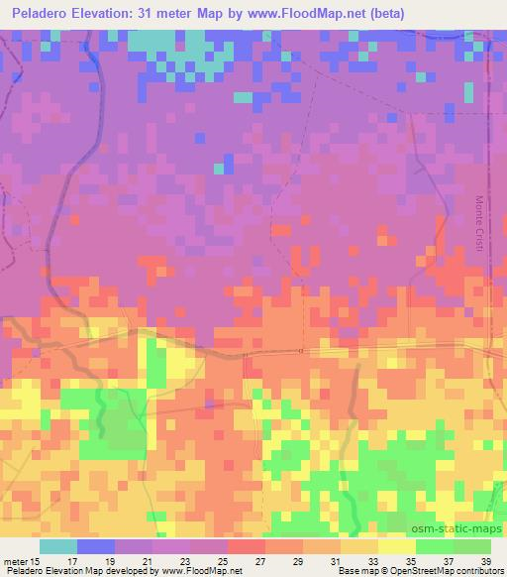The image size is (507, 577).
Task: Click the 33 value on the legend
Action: [372, 560]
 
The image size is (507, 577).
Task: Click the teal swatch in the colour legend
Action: [59, 546]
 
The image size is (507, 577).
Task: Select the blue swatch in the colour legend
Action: [96, 546]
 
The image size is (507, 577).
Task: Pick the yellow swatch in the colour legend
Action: [396, 546]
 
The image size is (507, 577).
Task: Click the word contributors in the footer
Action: [471, 571]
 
